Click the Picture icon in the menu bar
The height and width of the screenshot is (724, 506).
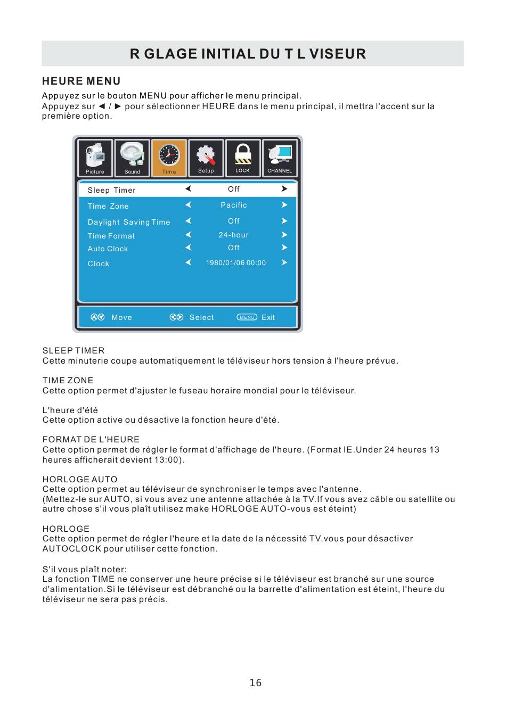click(95, 157)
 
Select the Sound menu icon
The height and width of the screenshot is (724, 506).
click(132, 157)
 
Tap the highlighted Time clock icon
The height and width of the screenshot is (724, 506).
click(169, 157)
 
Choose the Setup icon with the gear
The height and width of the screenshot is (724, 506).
click(206, 157)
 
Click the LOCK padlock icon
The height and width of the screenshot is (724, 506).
click(243, 157)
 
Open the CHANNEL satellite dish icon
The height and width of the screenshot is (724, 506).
click(280, 157)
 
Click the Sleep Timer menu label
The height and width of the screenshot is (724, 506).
click(111, 190)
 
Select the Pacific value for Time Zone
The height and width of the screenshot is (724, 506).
click(234, 205)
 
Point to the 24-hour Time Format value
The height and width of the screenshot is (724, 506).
click(233, 235)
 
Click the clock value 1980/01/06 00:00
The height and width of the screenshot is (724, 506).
click(235, 262)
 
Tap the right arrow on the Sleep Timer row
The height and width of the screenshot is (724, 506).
click(284, 188)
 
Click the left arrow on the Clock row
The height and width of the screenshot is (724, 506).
click(188, 262)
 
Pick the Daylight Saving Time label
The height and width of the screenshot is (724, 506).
click(129, 222)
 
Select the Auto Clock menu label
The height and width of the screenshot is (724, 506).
click(108, 249)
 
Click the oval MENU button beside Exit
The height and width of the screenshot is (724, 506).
click(247, 317)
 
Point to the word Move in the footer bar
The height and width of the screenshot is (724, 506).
click(121, 317)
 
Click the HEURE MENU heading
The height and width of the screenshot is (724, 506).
click(81, 81)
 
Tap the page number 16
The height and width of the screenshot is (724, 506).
click(256, 682)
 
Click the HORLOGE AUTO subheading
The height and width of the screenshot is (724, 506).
click(80, 479)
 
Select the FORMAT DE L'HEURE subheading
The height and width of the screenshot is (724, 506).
click(91, 439)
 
